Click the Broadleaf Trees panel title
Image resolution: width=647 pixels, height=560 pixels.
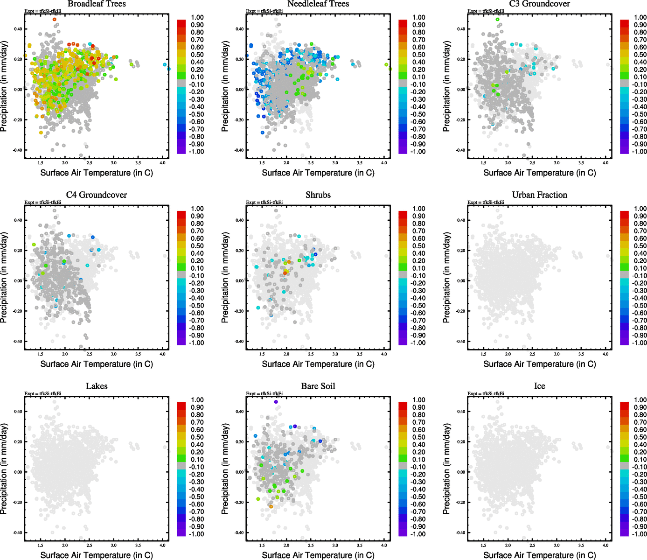click(x=97, y=4)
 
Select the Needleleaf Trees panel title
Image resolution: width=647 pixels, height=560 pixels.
click(x=318, y=4)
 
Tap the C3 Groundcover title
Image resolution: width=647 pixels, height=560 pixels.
click(x=539, y=4)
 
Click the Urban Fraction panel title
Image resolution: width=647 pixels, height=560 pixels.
click(x=539, y=195)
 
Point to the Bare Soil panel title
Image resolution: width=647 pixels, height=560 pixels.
click(x=318, y=386)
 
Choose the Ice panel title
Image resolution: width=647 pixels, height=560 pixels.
click(x=539, y=386)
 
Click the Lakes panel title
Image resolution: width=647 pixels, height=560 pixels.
click(x=97, y=386)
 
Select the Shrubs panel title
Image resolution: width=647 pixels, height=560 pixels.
click(x=318, y=195)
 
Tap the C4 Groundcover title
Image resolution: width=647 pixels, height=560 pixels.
click(x=97, y=195)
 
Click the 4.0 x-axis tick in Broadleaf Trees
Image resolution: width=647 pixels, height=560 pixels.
click(x=162, y=163)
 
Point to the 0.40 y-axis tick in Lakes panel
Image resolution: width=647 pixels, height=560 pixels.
click(x=17, y=412)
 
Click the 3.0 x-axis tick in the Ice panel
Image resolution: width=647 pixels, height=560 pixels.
click(x=557, y=545)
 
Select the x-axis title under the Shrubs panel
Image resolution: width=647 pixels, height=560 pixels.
click(x=318, y=364)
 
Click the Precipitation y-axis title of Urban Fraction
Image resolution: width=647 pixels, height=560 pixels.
click(x=446, y=278)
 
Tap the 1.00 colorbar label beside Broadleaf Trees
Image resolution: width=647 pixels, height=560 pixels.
click(x=197, y=17)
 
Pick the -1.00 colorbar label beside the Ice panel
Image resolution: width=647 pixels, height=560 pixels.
click(x=639, y=534)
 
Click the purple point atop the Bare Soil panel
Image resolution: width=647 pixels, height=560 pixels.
click(x=276, y=402)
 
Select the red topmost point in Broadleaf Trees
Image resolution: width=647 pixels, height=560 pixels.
click(x=55, y=20)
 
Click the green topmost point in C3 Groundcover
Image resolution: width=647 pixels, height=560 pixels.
click(x=497, y=20)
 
